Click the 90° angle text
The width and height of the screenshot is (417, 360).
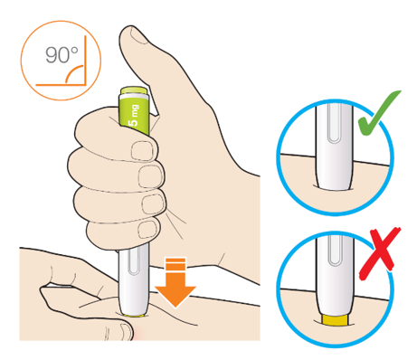62,54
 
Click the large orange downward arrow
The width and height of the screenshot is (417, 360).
175,282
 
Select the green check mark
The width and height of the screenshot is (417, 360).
378,114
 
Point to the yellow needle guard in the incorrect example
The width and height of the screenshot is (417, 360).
335,320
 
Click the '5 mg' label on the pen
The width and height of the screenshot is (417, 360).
134,115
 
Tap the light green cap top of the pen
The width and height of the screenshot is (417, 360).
134,90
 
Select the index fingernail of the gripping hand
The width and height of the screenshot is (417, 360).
142,151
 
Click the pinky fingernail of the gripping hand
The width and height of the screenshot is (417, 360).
147,230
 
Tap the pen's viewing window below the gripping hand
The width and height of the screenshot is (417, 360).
133,261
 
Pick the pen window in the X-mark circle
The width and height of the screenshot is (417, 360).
334,251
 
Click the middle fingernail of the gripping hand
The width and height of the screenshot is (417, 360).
150,176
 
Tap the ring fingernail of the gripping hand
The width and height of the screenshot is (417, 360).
153,204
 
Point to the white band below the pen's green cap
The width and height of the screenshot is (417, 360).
134,97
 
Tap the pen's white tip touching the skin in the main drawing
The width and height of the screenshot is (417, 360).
133,307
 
